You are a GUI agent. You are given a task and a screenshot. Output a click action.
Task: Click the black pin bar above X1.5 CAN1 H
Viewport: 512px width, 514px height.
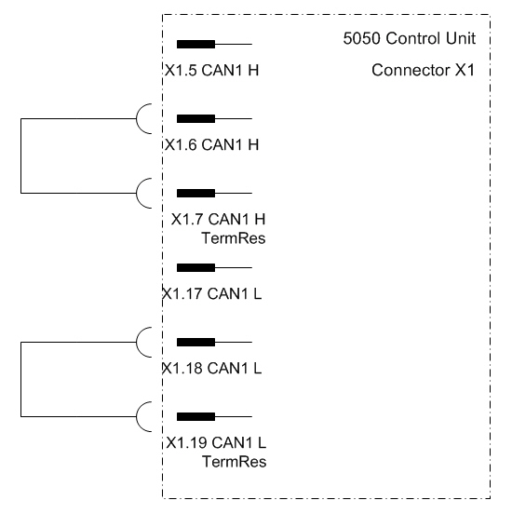coord(195,45)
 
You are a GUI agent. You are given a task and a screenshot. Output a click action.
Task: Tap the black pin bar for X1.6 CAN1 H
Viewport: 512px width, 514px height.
coord(195,118)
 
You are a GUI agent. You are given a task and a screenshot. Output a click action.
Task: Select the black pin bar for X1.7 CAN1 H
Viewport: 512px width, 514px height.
coord(195,193)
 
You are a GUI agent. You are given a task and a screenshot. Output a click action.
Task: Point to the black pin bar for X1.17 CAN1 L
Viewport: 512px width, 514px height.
coord(195,267)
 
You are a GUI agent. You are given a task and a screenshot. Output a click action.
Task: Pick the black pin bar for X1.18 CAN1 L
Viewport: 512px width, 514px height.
coord(195,343)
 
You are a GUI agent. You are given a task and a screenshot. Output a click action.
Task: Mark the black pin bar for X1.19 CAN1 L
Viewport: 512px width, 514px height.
coord(195,416)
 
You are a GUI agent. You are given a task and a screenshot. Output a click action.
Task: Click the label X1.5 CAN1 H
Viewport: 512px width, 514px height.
coord(211,70)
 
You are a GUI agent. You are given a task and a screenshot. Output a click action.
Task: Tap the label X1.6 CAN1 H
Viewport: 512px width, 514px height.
coord(211,144)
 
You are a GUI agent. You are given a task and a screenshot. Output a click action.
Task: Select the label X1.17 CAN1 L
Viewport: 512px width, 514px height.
coord(212,293)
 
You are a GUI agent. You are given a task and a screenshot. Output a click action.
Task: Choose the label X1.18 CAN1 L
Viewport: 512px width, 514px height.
coord(212,368)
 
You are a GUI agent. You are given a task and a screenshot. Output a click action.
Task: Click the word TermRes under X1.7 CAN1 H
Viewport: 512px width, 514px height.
coord(234,238)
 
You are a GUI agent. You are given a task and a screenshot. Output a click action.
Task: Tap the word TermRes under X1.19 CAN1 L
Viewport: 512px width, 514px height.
coord(234,462)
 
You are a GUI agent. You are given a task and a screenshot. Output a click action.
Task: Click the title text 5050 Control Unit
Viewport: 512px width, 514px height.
coord(409,38)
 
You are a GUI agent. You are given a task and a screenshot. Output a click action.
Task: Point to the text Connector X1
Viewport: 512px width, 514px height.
coord(424,70)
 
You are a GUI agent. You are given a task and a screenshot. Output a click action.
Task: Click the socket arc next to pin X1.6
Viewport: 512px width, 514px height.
coord(137,118)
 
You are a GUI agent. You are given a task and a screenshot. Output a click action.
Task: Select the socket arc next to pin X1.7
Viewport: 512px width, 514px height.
coord(137,193)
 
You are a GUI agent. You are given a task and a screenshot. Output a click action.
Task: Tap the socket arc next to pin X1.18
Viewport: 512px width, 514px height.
coord(137,343)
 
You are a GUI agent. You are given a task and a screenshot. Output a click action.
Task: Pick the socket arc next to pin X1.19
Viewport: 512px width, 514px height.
coord(137,416)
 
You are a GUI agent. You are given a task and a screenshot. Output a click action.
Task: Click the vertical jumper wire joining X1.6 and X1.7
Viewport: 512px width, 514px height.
coord(21,156)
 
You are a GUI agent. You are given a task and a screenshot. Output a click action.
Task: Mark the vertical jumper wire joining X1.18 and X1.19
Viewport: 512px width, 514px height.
coord(21,379)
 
